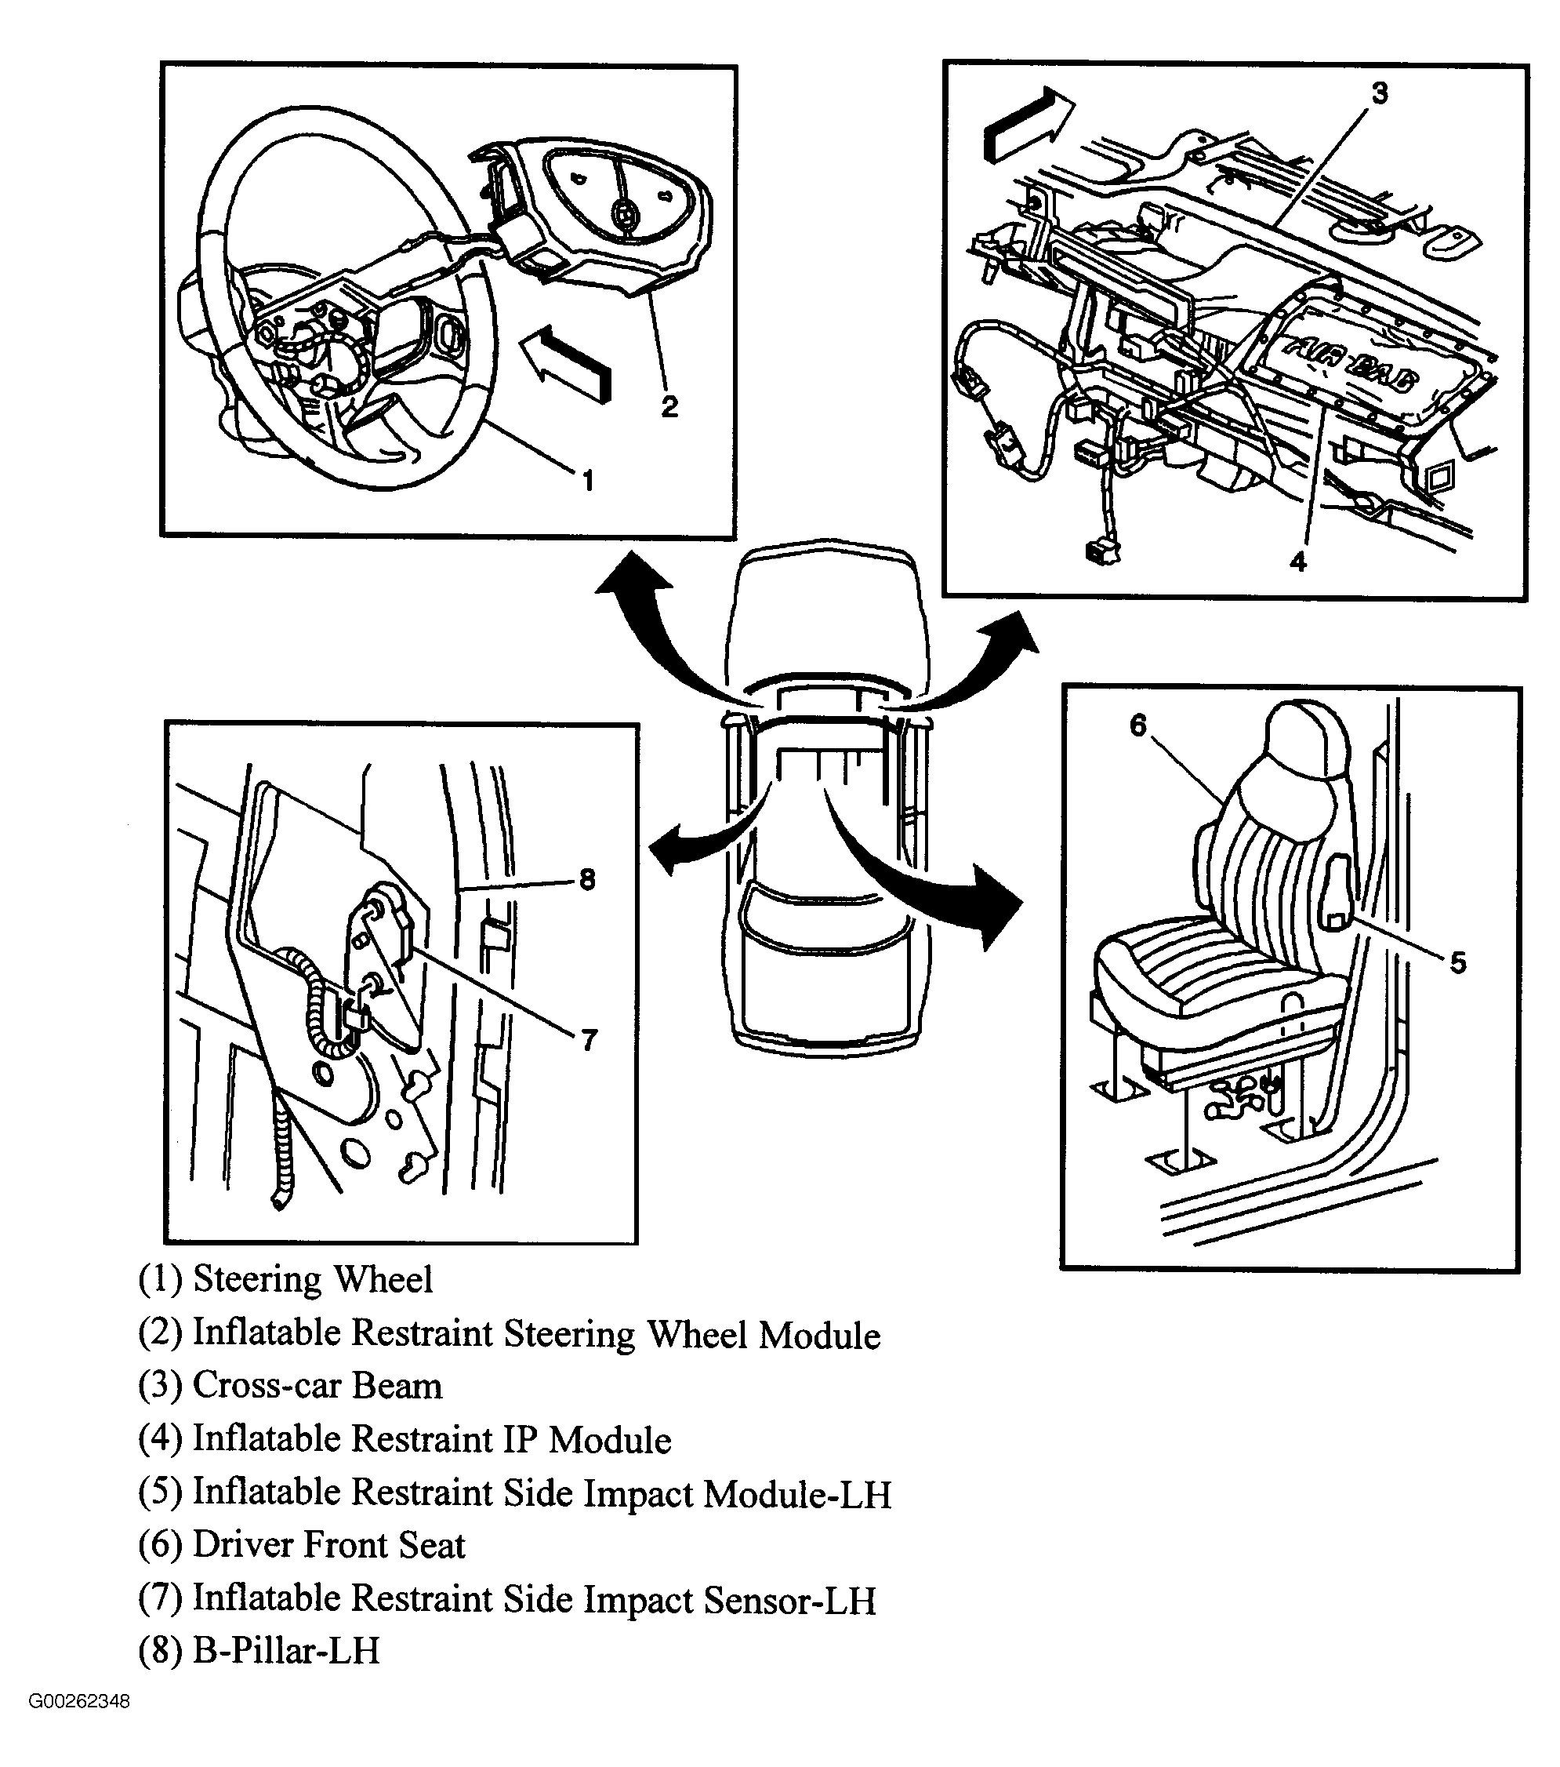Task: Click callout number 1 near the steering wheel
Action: [x=589, y=480]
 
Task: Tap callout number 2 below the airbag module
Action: [x=669, y=406]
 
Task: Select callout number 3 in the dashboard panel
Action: [x=1380, y=93]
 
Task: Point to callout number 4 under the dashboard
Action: [x=1298, y=562]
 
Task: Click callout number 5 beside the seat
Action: [x=1458, y=962]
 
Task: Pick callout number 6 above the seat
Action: [x=1138, y=725]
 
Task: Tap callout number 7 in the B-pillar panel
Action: [x=589, y=1040]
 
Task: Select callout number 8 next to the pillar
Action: [x=587, y=880]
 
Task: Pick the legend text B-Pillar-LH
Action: [x=285, y=1650]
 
